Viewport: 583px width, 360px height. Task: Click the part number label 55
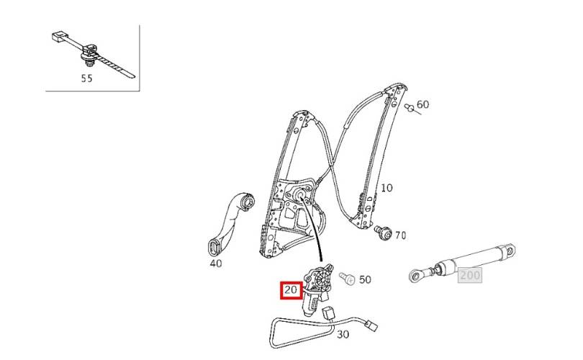coord(86,78)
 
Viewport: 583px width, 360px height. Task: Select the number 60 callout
coord(422,104)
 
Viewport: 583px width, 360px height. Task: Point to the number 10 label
coord(387,188)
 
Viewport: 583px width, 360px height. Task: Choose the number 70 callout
coord(400,235)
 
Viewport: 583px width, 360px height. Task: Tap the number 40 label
coord(216,263)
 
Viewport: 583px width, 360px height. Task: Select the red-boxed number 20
coord(291,291)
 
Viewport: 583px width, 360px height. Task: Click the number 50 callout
coord(365,279)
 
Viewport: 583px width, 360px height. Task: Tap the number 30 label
coord(343,334)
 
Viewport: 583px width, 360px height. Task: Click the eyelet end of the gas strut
coord(418,274)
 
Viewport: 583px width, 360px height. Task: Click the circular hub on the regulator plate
coord(298,195)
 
